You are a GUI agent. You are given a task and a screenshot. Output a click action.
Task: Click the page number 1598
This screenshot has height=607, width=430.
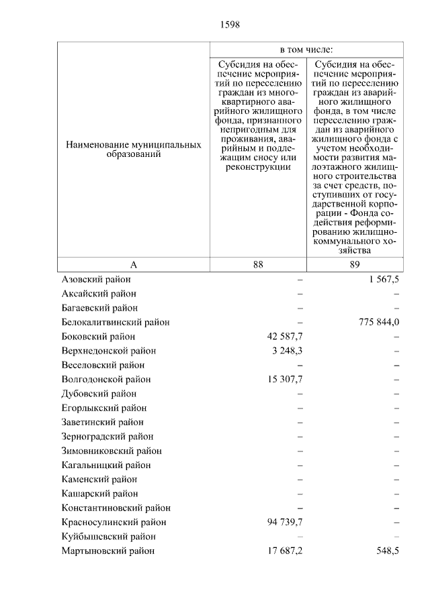tap(230, 25)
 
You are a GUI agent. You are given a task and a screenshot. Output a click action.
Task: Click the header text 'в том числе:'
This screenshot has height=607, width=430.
tap(306, 50)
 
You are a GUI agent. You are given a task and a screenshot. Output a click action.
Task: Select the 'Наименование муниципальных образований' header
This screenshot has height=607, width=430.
tap(133, 149)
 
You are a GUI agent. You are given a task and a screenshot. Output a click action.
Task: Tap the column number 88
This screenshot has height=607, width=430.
tap(258, 264)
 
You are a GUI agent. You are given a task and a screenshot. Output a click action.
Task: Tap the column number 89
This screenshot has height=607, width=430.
tap(355, 264)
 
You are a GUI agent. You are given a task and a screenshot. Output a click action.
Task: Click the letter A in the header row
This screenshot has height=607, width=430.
tap(133, 264)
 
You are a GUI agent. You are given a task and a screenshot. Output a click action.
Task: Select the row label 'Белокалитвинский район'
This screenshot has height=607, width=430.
tap(116, 322)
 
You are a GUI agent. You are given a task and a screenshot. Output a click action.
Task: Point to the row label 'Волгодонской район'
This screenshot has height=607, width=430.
tap(105, 379)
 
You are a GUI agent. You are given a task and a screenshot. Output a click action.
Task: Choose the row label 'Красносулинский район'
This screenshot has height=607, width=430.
tap(114, 522)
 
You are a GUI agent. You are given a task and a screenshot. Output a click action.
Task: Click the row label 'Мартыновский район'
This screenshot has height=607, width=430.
tap(107, 551)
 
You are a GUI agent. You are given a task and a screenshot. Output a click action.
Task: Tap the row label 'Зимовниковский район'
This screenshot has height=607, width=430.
tap(111, 451)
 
